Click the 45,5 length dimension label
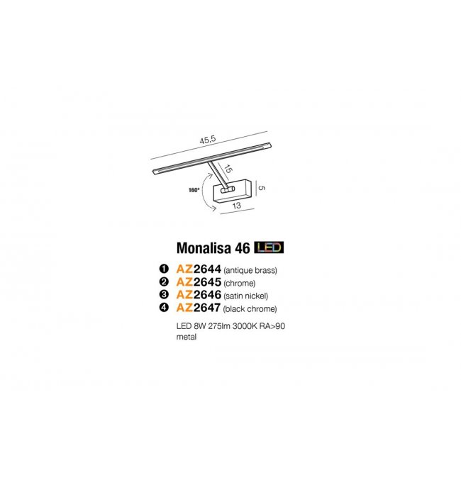point(208,140)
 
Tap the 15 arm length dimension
point(228,169)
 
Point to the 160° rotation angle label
point(194,190)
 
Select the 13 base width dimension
point(236,206)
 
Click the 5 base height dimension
point(261,188)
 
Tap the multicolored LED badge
point(269,247)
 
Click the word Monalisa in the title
point(204,248)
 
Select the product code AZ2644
point(199,269)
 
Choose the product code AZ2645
point(199,282)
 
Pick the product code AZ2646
point(199,295)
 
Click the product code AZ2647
point(198,308)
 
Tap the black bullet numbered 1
point(164,269)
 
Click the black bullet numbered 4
point(164,307)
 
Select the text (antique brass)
point(250,270)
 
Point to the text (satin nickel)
point(245,296)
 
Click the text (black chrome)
point(250,309)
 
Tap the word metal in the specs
point(187,337)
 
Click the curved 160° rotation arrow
point(205,191)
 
